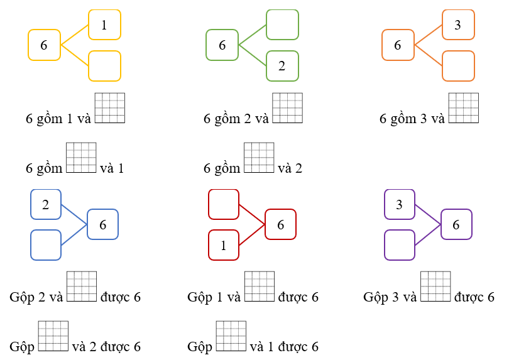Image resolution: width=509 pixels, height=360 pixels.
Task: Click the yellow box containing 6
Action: (44, 45)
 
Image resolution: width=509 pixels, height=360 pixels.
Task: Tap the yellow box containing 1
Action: (104, 25)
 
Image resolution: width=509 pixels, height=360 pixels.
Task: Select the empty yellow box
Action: (104, 66)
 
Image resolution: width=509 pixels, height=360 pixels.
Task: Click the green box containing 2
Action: (282, 66)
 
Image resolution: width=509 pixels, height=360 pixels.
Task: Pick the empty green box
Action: (282, 25)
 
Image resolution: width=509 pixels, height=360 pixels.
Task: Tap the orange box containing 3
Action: (457, 25)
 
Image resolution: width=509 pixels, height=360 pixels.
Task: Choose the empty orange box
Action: (457, 66)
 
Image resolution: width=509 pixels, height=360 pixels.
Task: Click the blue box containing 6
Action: (102, 224)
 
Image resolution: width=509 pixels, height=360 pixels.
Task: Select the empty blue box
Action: (46, 244)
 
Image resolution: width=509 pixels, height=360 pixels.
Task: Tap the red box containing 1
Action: (223, 245)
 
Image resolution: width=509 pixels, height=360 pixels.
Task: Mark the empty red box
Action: (223, 204)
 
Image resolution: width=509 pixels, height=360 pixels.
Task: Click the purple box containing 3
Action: (399, 204)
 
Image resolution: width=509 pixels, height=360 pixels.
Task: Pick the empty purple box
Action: (399, 245)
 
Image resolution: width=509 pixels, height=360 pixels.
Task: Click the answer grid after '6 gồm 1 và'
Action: (110, 108)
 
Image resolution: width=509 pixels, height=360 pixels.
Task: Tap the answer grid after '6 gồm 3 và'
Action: (464, 108)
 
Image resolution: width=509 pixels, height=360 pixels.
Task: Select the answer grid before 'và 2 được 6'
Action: (53, 336)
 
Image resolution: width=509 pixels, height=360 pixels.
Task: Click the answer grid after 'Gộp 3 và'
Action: (435, 286)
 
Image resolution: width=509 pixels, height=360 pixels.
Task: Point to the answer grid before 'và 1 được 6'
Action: (231, 336)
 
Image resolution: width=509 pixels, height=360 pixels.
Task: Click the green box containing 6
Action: (222, 45)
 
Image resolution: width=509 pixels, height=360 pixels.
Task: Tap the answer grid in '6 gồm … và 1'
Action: (81, 158)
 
